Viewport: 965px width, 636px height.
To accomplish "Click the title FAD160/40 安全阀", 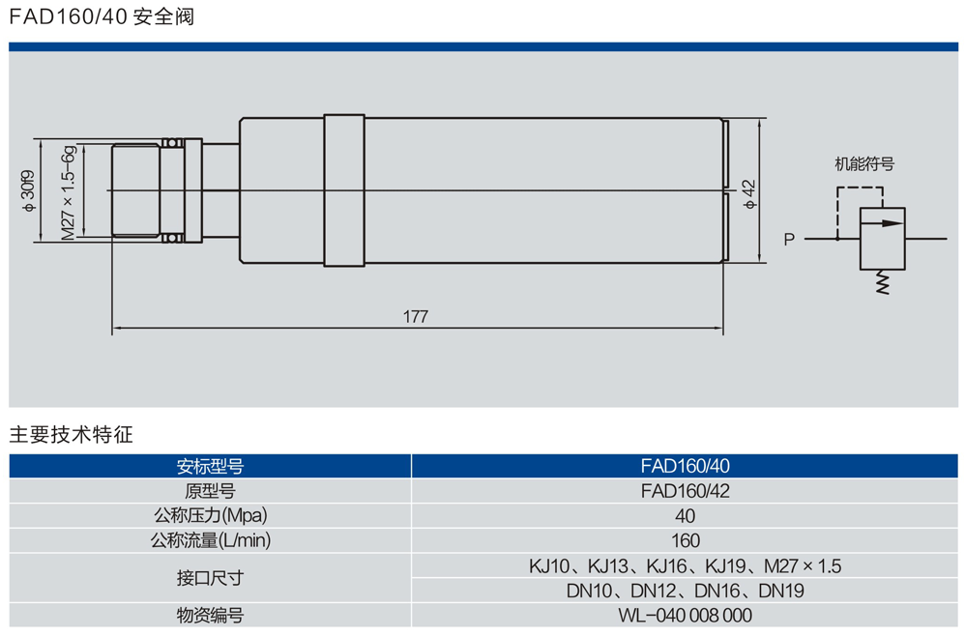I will tap(102, 16).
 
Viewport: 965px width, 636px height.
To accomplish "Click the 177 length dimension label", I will tap(416, 316).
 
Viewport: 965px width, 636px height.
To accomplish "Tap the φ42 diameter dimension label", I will tap(748, 193).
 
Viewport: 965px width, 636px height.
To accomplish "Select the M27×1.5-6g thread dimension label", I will tap(69, 194).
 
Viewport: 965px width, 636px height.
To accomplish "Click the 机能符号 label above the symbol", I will tap(864, 164).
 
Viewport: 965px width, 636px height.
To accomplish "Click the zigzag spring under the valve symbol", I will tap(882, 283).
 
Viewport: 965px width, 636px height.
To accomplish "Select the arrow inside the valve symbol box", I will tap(882, 223).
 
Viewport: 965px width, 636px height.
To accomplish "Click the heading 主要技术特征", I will tap(71, 434).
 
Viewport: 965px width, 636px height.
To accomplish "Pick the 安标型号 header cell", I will tap(211, 466).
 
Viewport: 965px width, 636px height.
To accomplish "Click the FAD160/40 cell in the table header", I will tap(685, 466).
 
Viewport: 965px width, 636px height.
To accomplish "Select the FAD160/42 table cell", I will tap(685, 491).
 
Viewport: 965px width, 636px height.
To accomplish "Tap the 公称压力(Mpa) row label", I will tap(210, 516).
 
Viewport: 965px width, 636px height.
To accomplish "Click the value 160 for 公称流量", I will tap(685, 541).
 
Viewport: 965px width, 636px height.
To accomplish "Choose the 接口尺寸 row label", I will tap(210, 578).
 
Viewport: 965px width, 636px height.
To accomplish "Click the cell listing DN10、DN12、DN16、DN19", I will tap(685, 591).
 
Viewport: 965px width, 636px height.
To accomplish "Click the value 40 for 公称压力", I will tap(685, 516).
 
